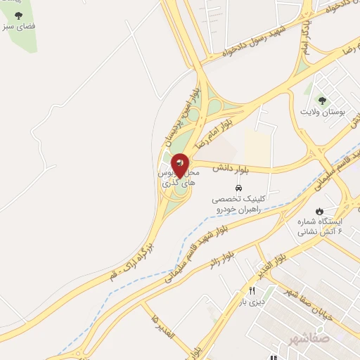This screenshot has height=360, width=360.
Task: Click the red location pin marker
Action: coord(180,165)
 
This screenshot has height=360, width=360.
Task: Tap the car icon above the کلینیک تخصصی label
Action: coord(238,188)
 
